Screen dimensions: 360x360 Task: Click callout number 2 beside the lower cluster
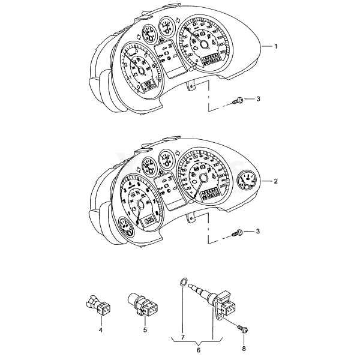(275, 181)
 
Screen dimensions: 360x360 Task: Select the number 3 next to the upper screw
(258, 98)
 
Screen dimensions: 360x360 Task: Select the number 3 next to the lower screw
(258, 231)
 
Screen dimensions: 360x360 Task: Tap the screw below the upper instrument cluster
(237, 100)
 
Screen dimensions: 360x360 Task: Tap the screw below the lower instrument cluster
(237, 232)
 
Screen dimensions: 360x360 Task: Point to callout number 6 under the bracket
(199, 349)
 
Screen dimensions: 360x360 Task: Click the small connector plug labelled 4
(99, 306)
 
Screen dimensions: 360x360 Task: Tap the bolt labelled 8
(244, 329)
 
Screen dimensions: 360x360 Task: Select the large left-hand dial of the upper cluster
(142, 67)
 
